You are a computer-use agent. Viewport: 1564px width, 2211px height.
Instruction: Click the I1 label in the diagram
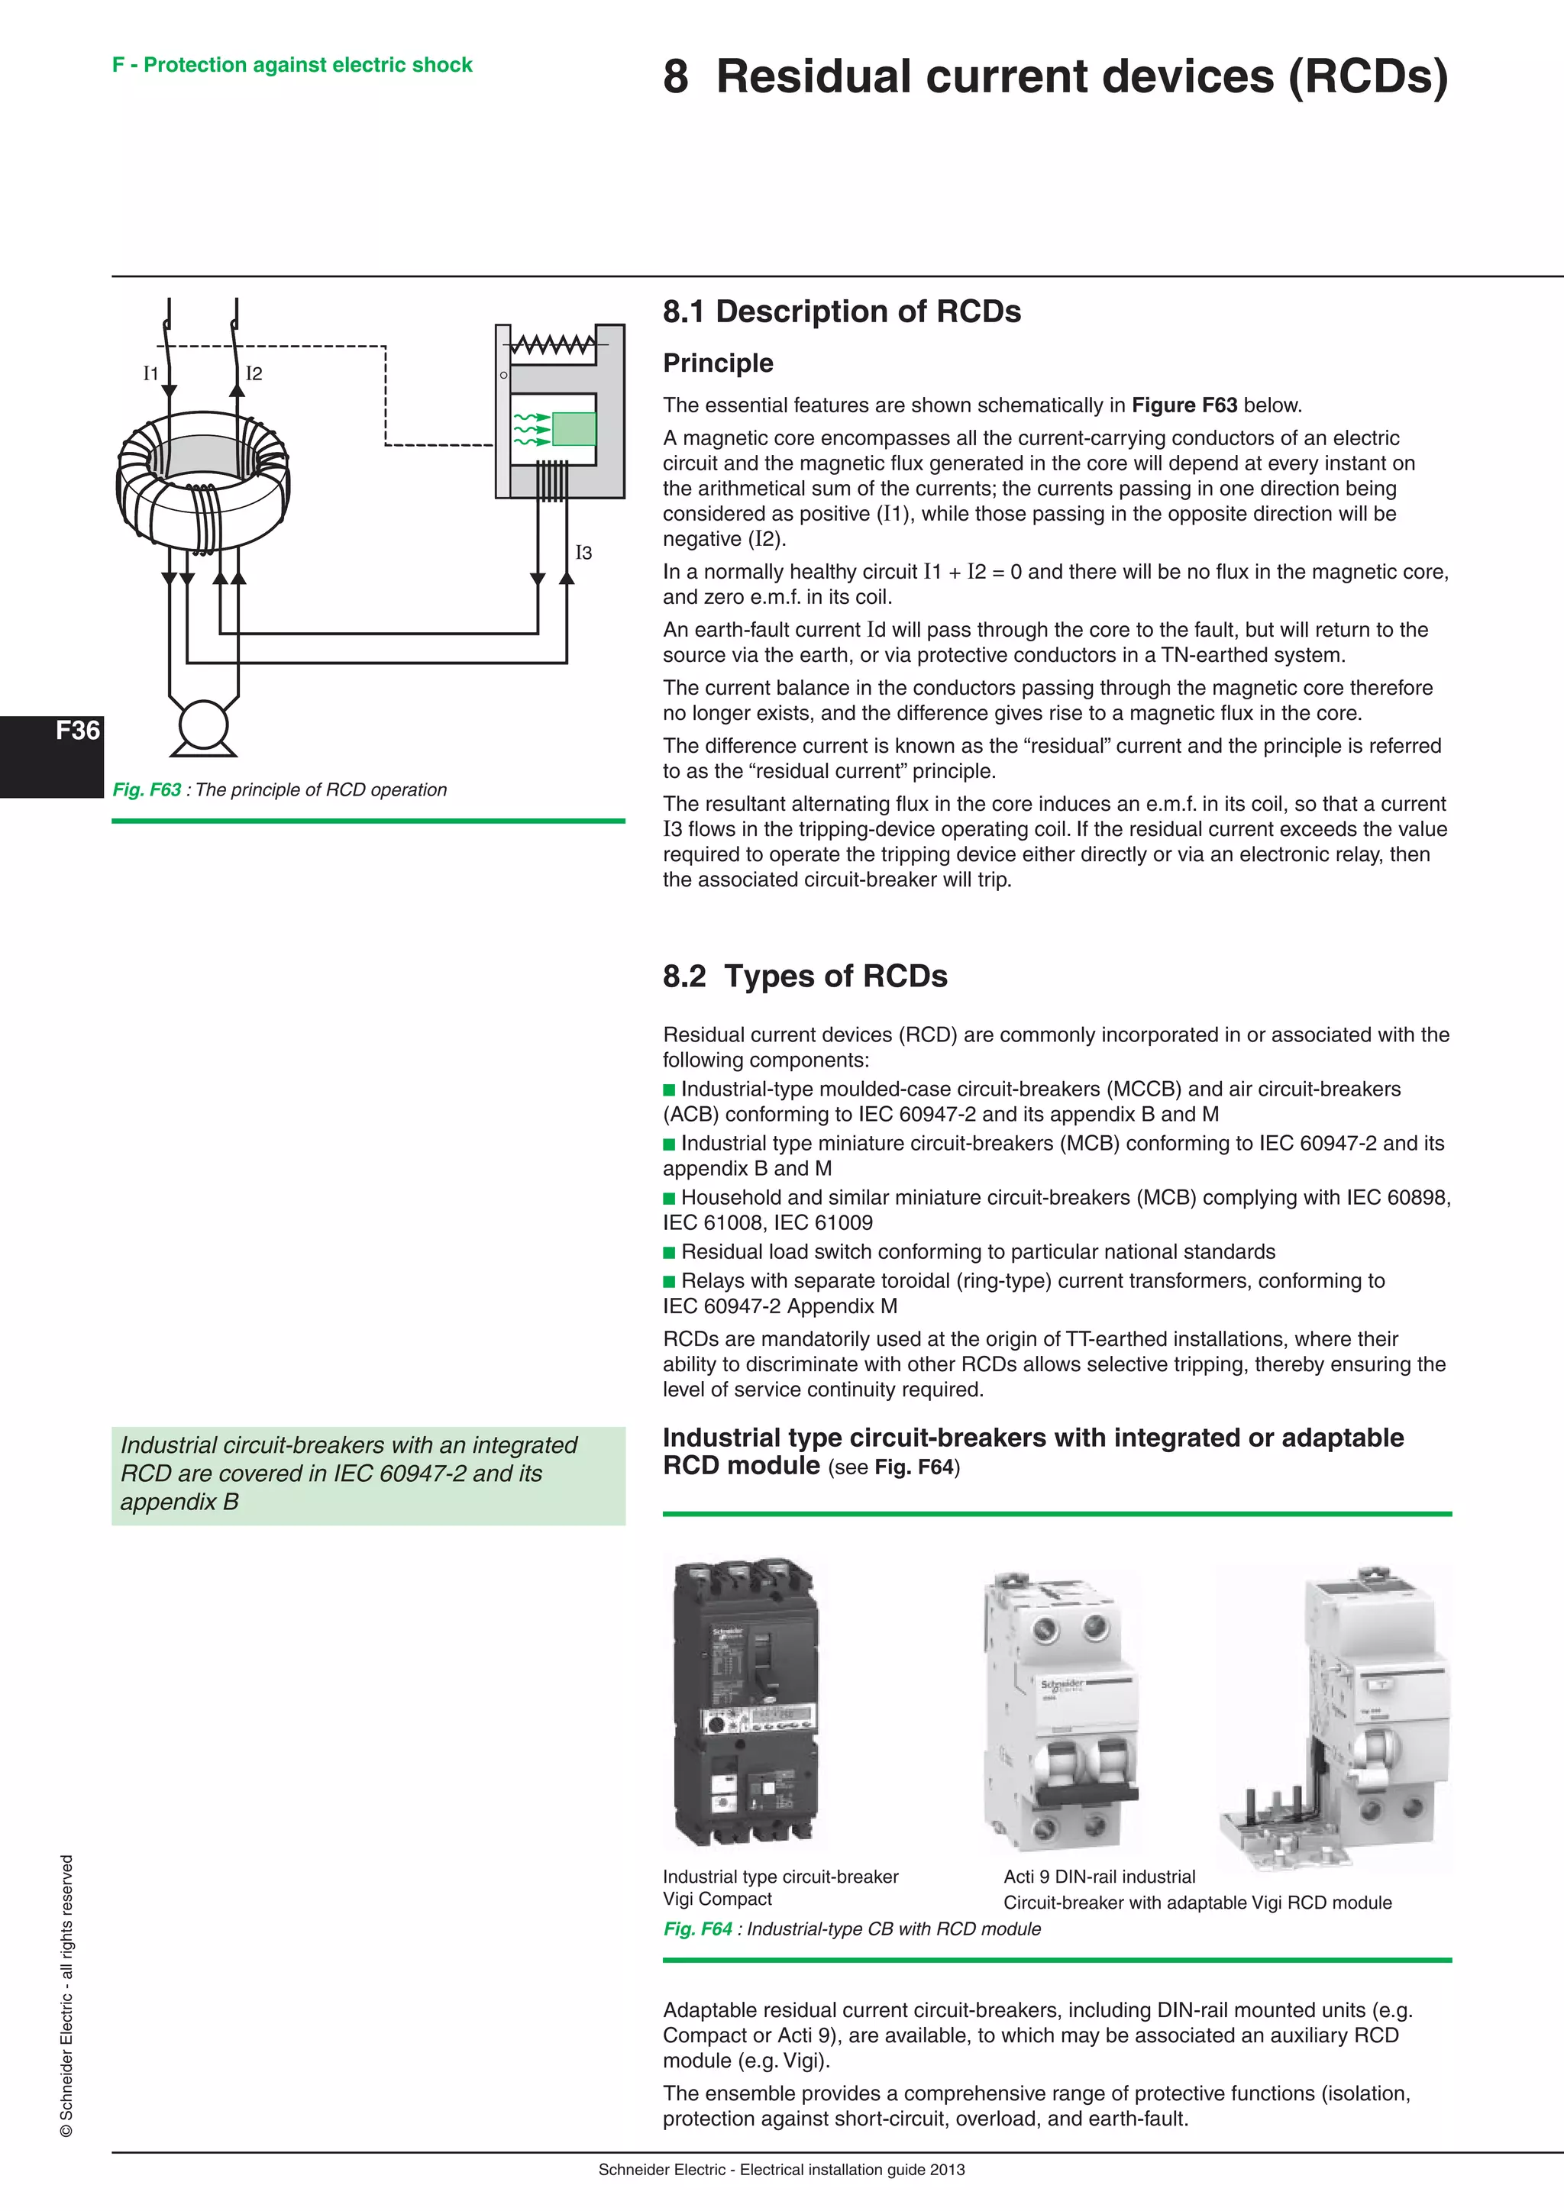click(150, 373)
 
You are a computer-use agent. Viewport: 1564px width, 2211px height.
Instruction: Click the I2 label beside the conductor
click(254, 373)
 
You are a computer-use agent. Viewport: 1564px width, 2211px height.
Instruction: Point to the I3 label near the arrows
click(583, 553)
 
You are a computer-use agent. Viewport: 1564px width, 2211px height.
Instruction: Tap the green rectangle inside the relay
click(574, 428)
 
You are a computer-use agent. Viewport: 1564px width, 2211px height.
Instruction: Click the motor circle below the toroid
click(203, 725)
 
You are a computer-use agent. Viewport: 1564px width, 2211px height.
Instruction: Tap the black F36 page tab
click(52, 756)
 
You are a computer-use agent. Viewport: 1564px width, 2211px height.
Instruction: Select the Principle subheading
click(718, 363)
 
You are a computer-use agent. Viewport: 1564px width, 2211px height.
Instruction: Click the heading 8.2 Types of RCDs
click(804, 976)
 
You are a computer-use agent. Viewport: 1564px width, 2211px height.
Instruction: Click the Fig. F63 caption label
click(147, 789)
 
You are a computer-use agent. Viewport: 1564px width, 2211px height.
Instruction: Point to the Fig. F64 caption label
click(697, 1929)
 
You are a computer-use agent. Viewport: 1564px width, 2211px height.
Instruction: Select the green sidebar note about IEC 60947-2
click(368, 1474)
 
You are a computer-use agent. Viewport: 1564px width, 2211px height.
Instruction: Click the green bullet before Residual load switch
click(669, 1253)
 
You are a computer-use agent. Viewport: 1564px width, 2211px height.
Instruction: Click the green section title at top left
click(292, 66)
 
